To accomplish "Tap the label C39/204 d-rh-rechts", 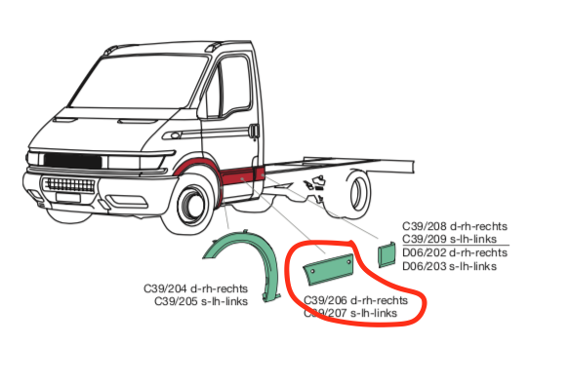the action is [x=195, y=288].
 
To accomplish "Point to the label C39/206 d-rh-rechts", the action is [x=356, y=300].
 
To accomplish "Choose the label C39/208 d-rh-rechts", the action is [x=454, y=226].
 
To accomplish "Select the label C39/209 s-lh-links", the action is [x=454, y=239].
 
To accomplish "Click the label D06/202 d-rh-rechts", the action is [x=454, y=252].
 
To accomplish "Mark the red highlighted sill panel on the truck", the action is [x=238, y=176].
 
